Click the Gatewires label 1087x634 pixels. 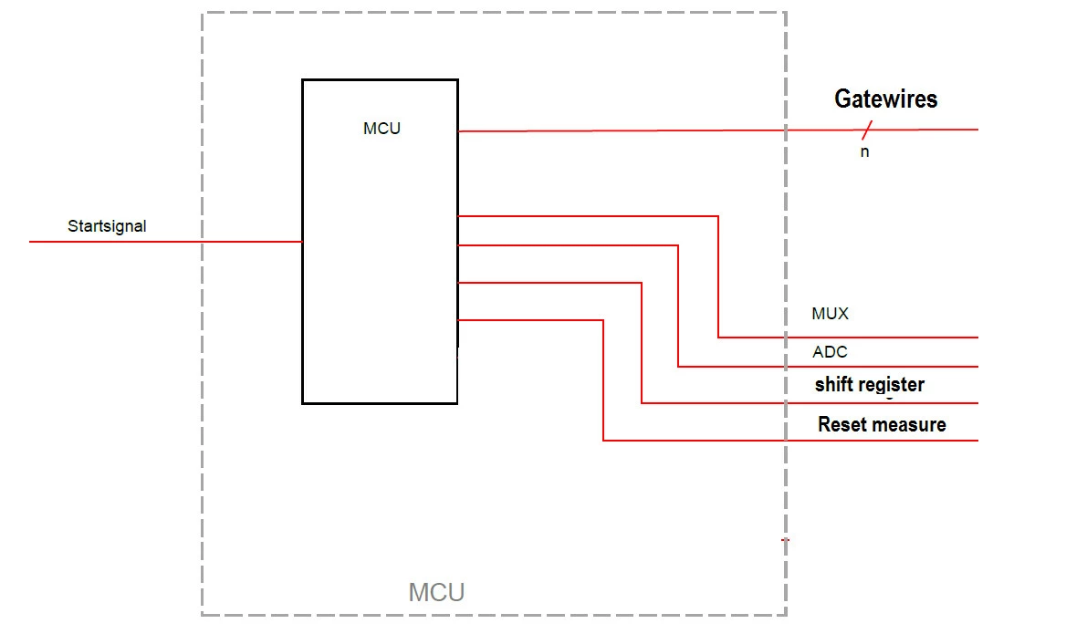point(885,99)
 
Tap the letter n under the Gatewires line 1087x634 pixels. point(864,151)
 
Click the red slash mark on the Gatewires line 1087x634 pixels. point(866,130)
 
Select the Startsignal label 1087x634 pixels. point(107,226)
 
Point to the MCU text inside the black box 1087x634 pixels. point(382,129)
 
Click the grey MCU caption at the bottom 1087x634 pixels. point(436,592)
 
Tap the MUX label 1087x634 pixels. point(830,314)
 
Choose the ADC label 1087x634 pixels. point(830,352)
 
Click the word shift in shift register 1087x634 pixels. point(833,385)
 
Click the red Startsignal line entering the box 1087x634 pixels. point(166,242)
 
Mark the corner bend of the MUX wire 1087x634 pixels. point(718,216)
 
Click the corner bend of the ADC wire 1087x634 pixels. point(678,245)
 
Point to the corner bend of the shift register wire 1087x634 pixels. point(642,283)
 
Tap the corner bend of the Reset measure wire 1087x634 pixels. point(603,320)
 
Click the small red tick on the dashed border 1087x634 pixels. point(785,540)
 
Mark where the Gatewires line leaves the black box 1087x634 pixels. point(458,131)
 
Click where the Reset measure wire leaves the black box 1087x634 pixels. point(458,320)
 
